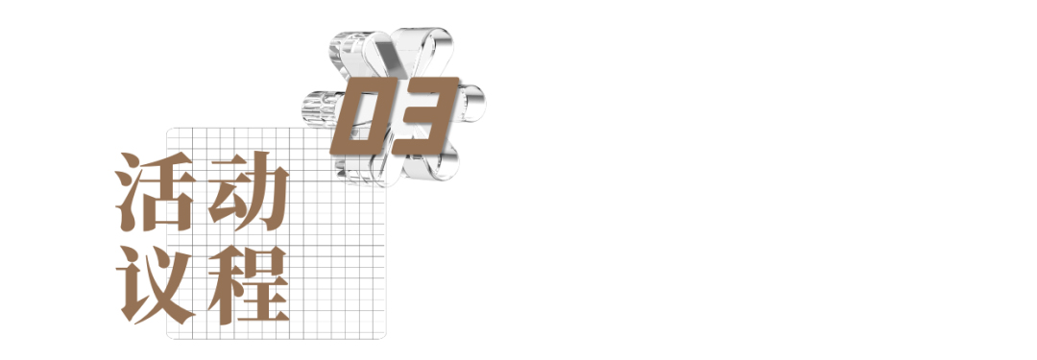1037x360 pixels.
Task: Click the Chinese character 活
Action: tap(157, 191)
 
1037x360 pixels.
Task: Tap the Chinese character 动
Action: tap(249, 191)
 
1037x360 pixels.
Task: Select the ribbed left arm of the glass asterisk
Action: tap(322, 108)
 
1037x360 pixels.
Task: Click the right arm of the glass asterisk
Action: tap(470, 104)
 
